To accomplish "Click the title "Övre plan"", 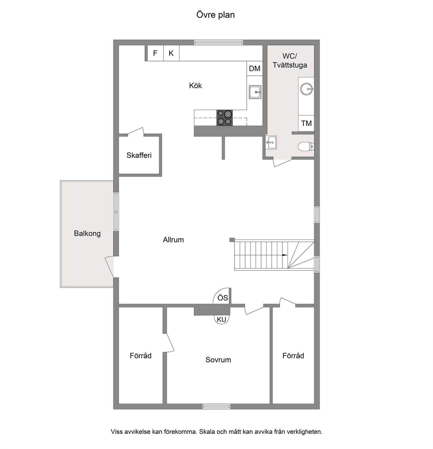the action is tap(216, 15).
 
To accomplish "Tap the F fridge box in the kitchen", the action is tap(155, 53).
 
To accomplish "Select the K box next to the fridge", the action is tap(171, 53).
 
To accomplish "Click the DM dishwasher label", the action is tap(255, 68).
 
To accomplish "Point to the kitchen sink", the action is tap(255, 92).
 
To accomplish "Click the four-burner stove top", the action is tap(224, 118).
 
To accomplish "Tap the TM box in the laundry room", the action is tap(306, 123).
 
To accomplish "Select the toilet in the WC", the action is tap(306, 147).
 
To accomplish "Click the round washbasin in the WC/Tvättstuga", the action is tap(306, 89).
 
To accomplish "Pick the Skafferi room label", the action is tap(139, 155).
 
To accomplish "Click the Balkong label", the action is tap(87, 234).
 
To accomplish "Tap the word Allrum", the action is tap(173, 240).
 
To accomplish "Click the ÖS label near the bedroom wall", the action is tap(223, 298).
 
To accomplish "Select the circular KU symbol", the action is tap(221, 319).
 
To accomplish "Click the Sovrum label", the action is tap(218, 360).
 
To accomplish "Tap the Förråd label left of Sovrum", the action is tap(141, 356).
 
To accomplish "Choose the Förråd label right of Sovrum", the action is tap(293, 356).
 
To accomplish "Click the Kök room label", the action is tap(196, 86).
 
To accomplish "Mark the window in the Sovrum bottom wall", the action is tap(217, 407).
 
